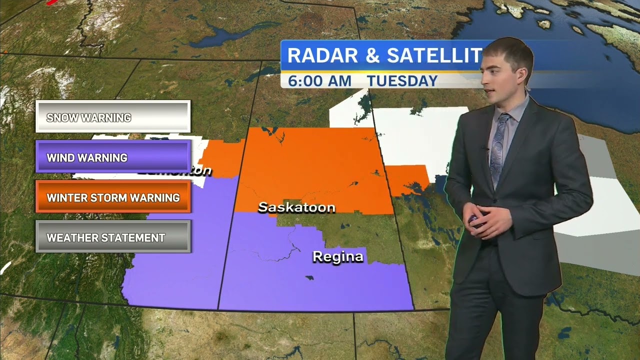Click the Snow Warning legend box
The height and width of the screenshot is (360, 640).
pyautogui.click(x=113, y=117)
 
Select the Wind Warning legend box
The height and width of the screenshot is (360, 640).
pyautogui.click(x=113, y=157)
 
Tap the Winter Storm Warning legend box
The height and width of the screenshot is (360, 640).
pyautogui.click(x=113, y=197)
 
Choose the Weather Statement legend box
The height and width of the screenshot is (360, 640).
pyautogui.click(x=113, y=237)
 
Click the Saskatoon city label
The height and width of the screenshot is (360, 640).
pyautogui.click(x=296, y=207)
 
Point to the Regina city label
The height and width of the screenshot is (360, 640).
pyautogui.click(x=337, y=257)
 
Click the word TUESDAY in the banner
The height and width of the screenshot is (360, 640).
pyautogui.click(x=402, y=81)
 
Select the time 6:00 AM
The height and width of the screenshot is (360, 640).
pyautogui.click(x=319, y=81)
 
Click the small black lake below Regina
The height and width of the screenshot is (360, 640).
pyautogui.click(x=310, y=277)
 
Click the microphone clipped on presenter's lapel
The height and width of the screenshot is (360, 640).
pyautogui.click(x=484, y=148)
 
